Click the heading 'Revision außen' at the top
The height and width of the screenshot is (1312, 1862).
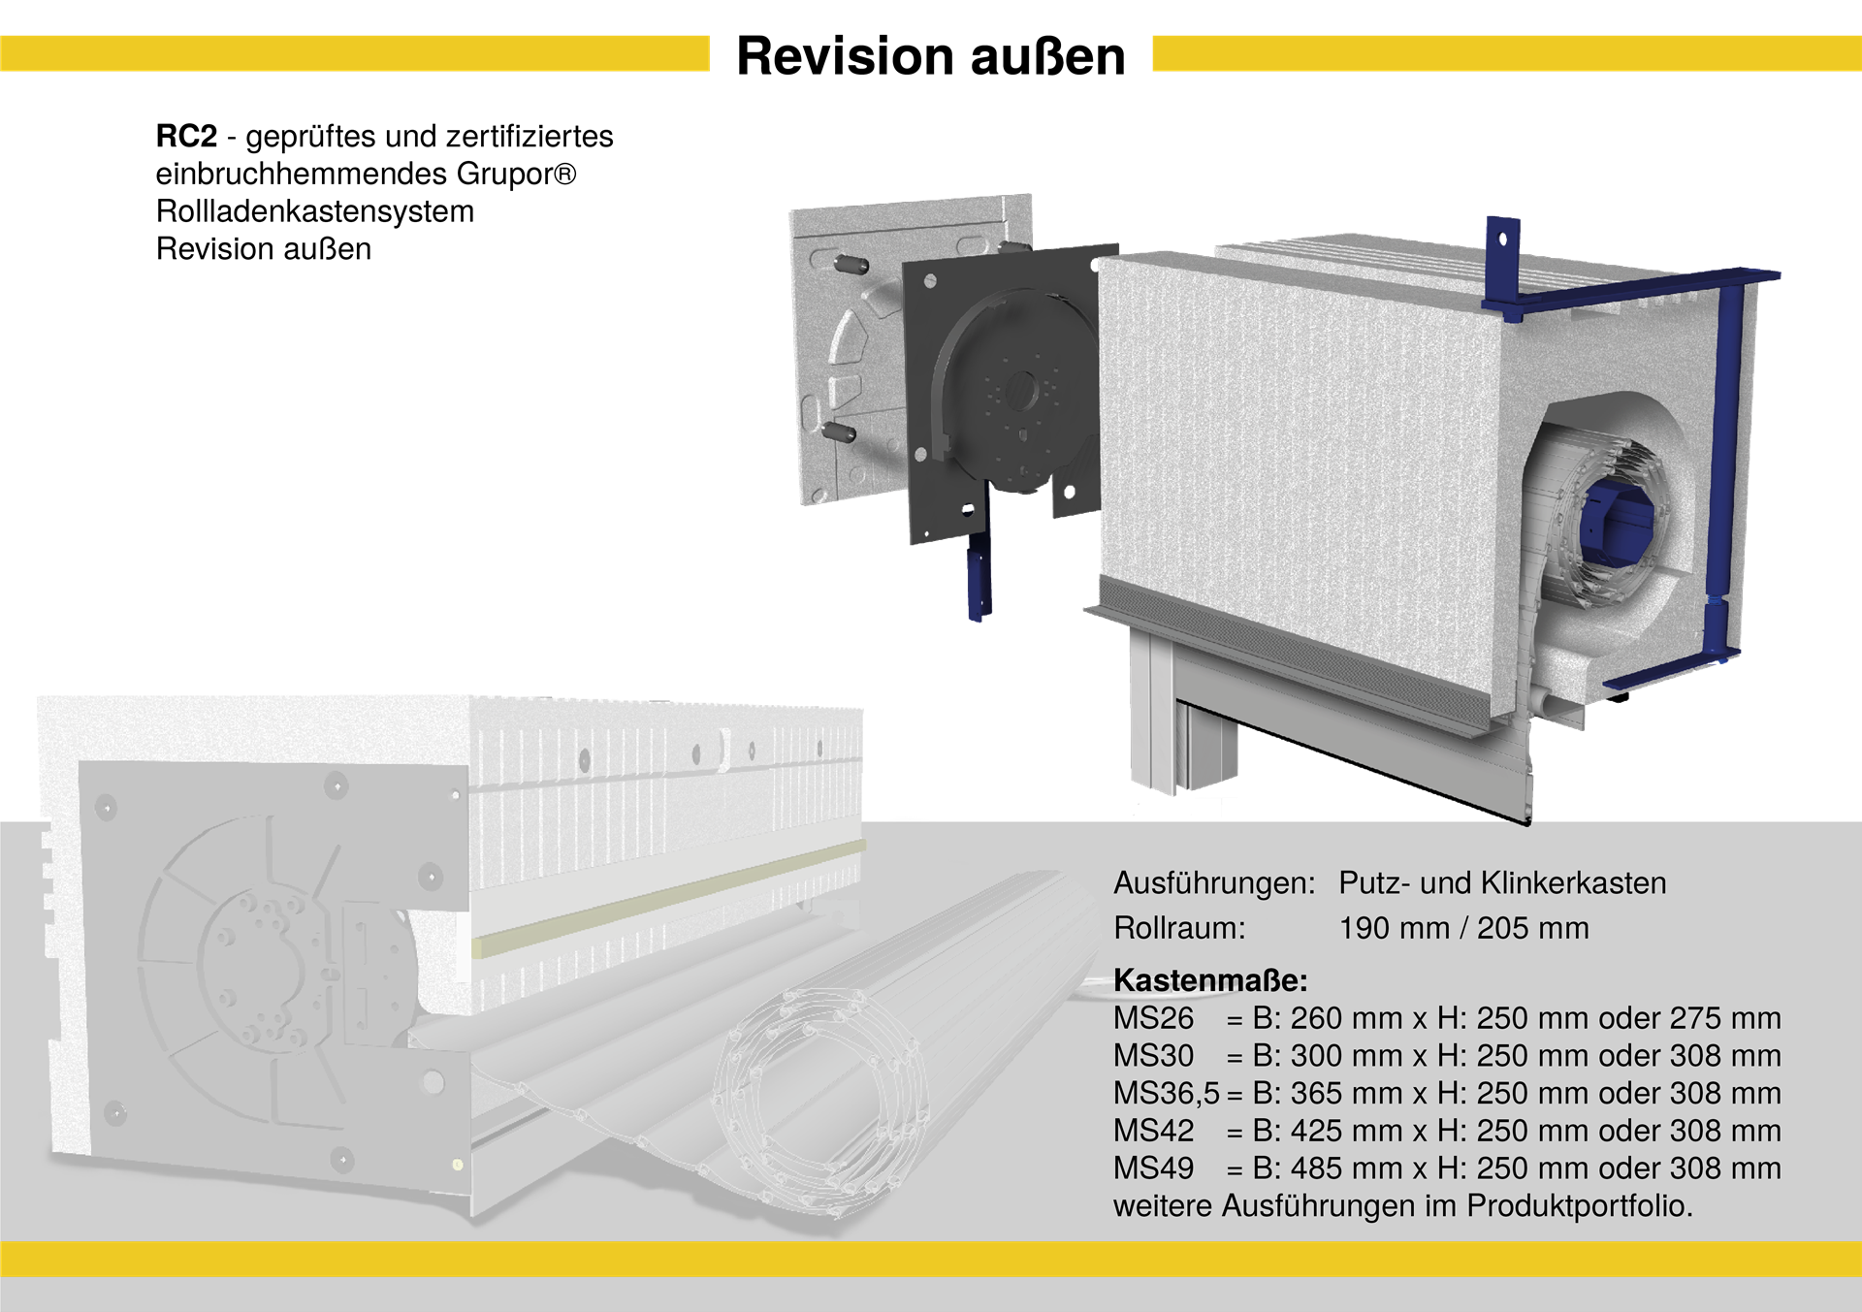pos(931,55)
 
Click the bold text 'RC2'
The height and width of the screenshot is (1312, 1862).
pos(186,136)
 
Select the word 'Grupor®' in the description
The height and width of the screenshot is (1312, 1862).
pos(516,174)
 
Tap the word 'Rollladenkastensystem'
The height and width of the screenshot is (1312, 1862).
pos(315,211)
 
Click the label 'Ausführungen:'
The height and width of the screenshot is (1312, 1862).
pos(1214,883)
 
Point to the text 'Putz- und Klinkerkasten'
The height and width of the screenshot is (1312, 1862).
pos(1502,883)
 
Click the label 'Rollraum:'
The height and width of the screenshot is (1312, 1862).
pos(1179,928)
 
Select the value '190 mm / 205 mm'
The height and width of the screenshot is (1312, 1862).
pos(1464,928)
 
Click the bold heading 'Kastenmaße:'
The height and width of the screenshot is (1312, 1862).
pos(1210,980)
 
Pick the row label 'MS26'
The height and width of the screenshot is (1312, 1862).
pos(1154,1018)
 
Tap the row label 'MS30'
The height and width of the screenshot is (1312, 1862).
pos(1154,1056)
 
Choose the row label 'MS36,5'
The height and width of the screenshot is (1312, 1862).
pos(1167,1094)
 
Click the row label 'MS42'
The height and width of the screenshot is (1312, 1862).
pos(1154,1131)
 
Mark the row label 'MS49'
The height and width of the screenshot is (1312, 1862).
pos(1154,1168)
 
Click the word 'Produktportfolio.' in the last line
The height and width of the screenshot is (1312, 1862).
pos(1580,1206)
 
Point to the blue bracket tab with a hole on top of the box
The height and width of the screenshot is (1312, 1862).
pos(1502,244)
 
